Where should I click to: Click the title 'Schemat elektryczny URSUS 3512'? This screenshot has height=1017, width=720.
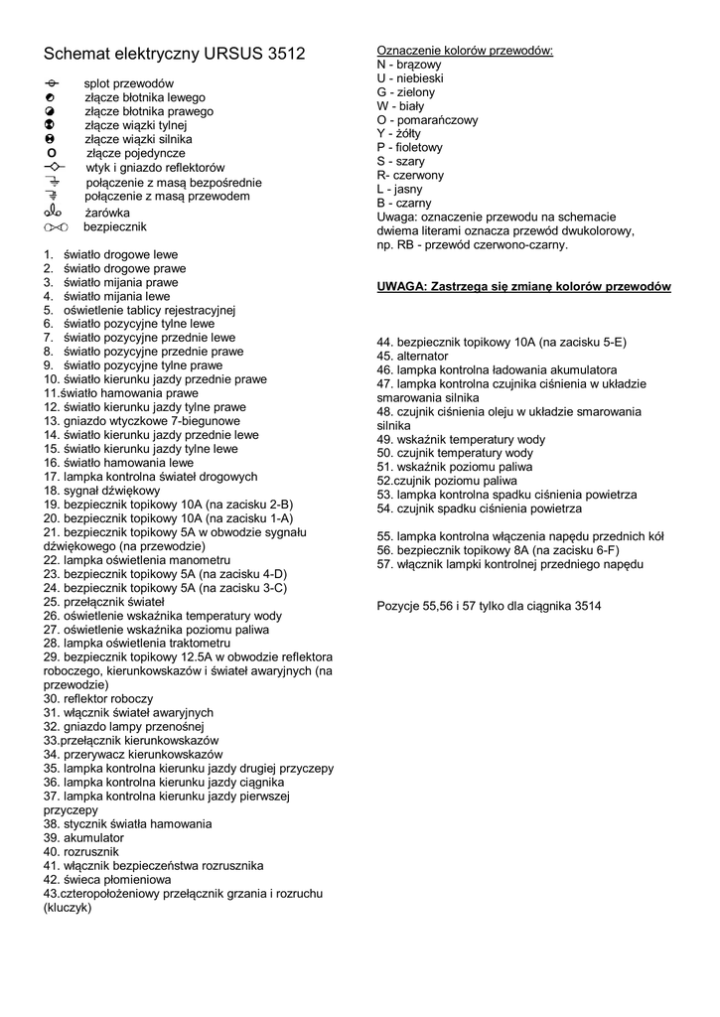tap(174, 54)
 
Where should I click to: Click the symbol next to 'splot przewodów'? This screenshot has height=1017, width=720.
tap(52, 83)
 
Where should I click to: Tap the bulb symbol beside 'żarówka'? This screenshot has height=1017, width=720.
tap(53, 212)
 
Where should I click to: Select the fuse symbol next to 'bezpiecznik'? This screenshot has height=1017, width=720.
tap(54, 226)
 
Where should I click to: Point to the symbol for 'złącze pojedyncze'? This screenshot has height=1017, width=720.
tap(52, 154)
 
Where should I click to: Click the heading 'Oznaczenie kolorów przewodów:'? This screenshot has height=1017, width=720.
tap(465, 51)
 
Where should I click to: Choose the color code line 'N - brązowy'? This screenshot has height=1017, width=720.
tap(409, 65)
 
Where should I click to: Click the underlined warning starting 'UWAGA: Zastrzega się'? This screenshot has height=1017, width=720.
tap(523, 287)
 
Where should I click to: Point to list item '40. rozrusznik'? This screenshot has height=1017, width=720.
tap(80, 852)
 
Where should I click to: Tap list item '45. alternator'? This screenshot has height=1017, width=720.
tap(412, 356)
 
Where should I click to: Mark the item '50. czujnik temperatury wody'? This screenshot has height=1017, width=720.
tap(455, 453)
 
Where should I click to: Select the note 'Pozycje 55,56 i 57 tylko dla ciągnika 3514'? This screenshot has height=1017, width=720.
tap(489, 606)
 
